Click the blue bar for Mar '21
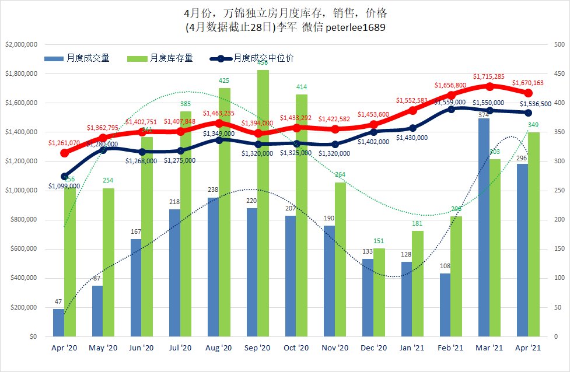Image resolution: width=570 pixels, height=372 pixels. (484, 227)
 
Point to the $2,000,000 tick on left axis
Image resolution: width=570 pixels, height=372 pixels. (22, 44)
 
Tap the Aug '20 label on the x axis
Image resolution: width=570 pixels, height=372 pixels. (219, 348)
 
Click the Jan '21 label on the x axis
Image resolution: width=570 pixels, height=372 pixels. (412, 348)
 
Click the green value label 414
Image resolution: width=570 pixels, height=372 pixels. (302, 87)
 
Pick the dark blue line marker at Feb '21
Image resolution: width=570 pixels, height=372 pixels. (451, 109)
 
